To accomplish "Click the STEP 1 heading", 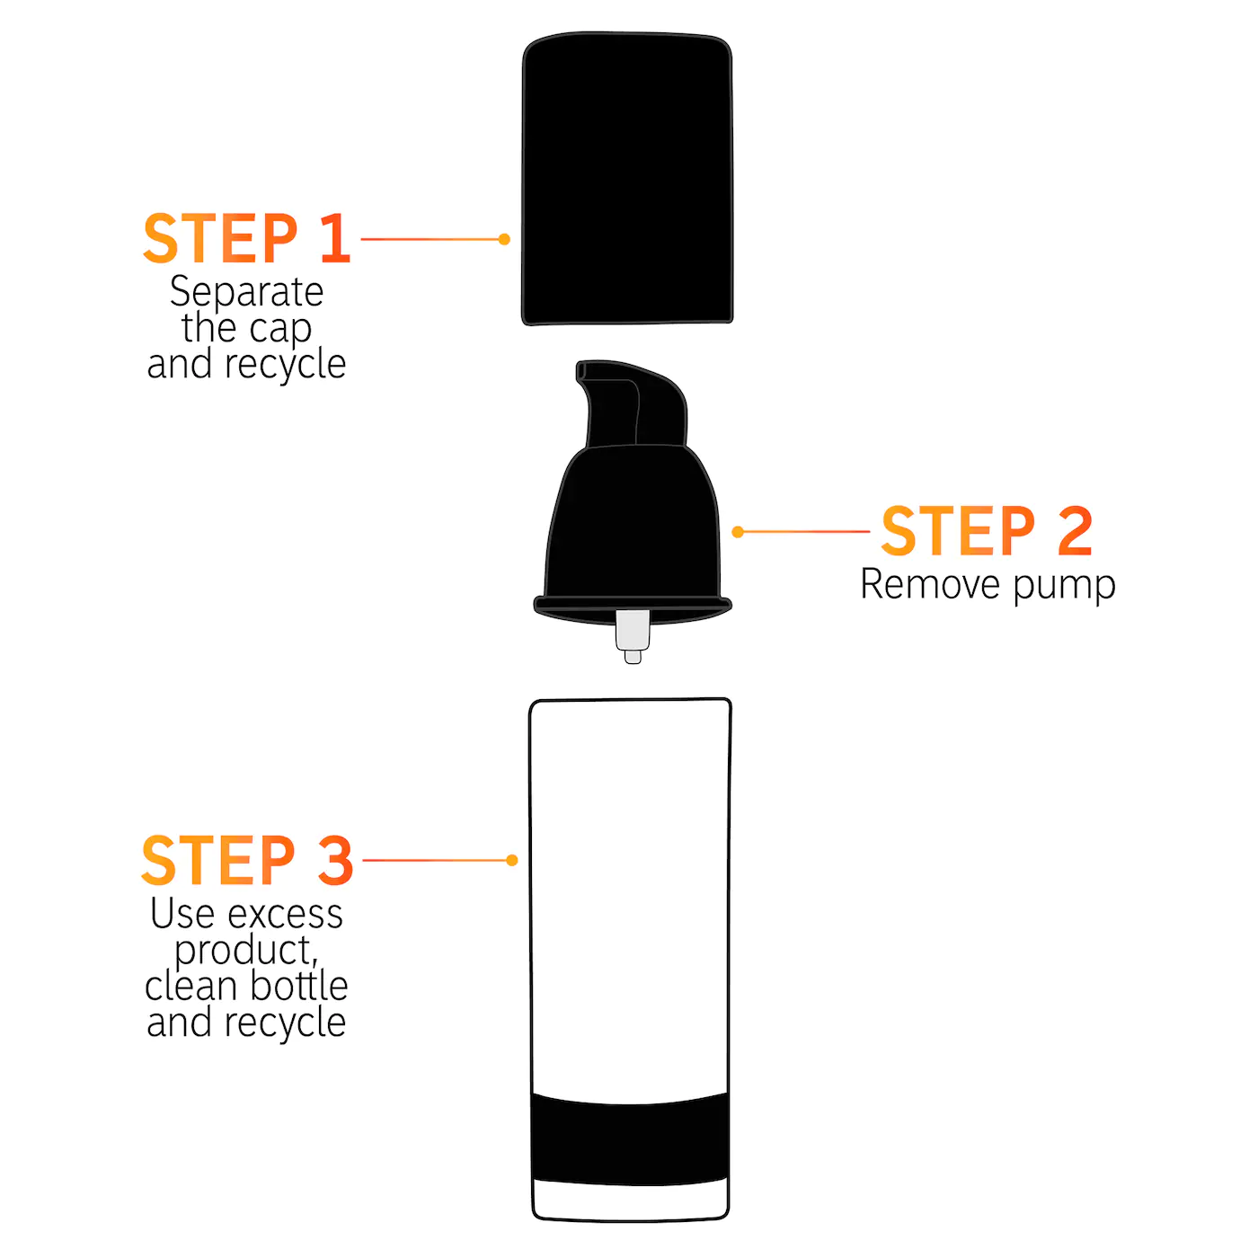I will (246, 239).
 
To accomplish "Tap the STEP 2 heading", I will (986, 532).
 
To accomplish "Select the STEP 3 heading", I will (247, 861).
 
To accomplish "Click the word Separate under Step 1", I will (246, 292).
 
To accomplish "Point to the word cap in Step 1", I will (280, 329).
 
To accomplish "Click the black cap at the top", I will (627, 180).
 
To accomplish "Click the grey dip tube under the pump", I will (633, 633).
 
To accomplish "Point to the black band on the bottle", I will (630, 1139).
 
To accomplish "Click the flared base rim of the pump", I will (633, 607).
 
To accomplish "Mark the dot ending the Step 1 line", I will (504, 239).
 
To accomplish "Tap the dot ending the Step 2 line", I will (738, 532).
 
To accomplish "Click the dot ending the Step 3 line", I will (512, 861).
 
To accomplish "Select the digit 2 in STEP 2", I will (1075, 532).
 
